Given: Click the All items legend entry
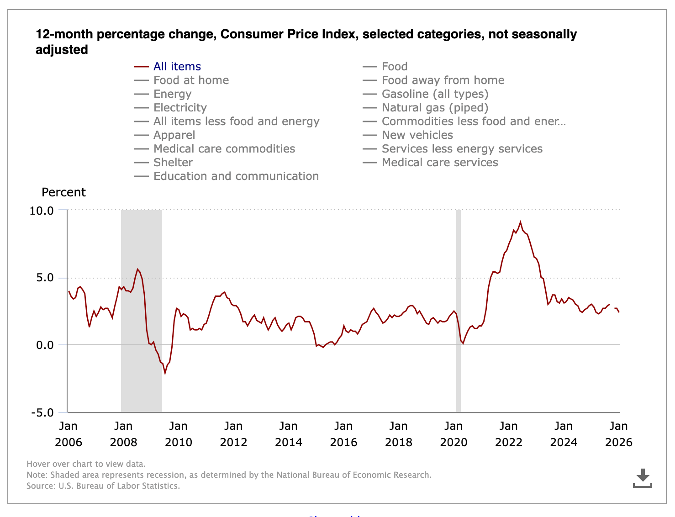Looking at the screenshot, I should pyautogui.click(x=177, y=67).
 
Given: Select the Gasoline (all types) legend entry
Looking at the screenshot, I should pyautogui.click(x=435, y=94).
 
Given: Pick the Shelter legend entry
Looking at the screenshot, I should pyautogui.click(x=173, y=163).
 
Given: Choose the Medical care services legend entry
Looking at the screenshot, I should pyautogui.click(x=439, y=163).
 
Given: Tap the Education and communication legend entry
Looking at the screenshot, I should pyautogui.click(x=236, y=176).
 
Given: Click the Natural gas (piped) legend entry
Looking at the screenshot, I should pyautogui.click(x=435, y=108).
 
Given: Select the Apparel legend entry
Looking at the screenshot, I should pyautogui.click(x=174, y=135).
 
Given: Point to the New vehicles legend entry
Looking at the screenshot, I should pyautogui.click(x=417, y=135).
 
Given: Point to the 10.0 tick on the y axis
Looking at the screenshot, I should pyautogui.click(x=42, y=211).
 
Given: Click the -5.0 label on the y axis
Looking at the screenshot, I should pyautogui.click(x=42, y=413).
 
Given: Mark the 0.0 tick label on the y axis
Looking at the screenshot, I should pyautogui.click(x=45, y=345).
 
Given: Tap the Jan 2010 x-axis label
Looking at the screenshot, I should pyautogui.click(x=178, y=434).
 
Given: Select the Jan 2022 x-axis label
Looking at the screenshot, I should pyautogui.click(x=508, y=434).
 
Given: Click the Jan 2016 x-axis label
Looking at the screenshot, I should pyautogui.click(x=343, y=434).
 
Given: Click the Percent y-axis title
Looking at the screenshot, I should pyautogui.click(x=63, y=192).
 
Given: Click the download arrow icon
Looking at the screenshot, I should pyautogui.click(x=643, y=478).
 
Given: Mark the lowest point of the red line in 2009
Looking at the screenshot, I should pyautogui.click(x=165, y=373).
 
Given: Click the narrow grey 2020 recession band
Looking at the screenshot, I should pyautogui.click(x=459, y=311).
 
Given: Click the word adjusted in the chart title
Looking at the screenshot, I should pyautogui.click(x=62, y=50).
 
